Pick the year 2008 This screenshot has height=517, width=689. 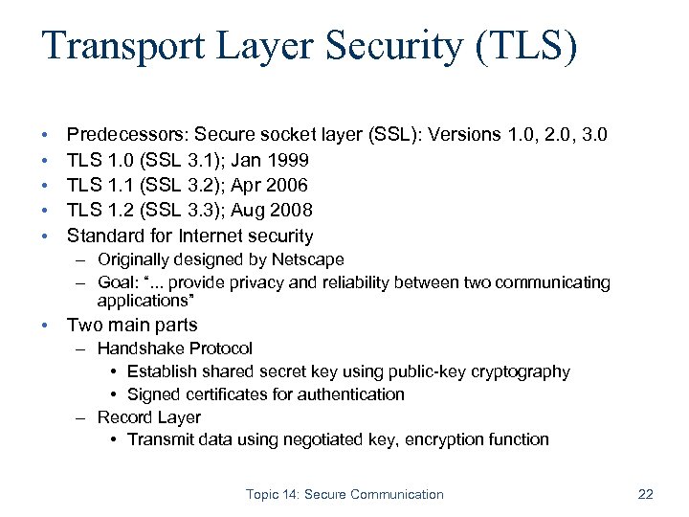[292, 210]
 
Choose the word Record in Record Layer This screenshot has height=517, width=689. [123, 417]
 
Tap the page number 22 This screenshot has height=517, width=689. [645, 494]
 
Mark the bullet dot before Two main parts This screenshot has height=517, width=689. [46, 326]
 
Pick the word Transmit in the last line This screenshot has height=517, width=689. [160, 440]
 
